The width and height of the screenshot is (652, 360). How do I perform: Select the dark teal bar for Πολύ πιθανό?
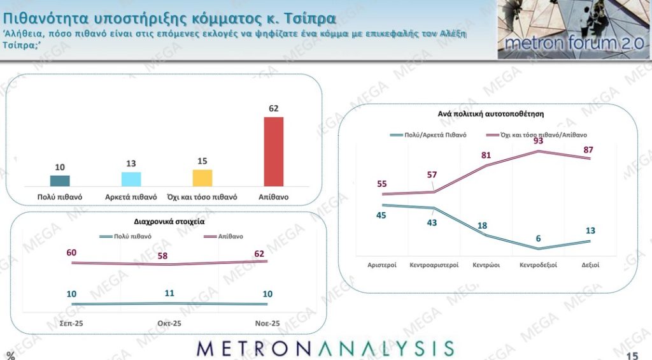point(60,180)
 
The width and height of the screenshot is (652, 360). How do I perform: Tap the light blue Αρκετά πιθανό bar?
point(131,178)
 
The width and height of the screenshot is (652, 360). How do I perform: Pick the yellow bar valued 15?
point(202,177)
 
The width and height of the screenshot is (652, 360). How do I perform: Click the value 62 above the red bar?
point(274,109)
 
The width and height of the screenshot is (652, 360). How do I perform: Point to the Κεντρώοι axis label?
point(485,264)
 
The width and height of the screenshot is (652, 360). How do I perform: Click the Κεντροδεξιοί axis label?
point(539,264)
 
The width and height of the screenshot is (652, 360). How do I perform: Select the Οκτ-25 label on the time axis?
point(169,324)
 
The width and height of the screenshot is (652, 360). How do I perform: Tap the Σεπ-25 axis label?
point(71,324)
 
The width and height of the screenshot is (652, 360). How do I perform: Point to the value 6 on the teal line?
point(538,238)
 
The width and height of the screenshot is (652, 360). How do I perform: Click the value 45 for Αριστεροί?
point(382,215)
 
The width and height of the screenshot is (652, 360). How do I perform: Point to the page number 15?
point(632,355)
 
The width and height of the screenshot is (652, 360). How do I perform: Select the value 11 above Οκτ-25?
point(169,294)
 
